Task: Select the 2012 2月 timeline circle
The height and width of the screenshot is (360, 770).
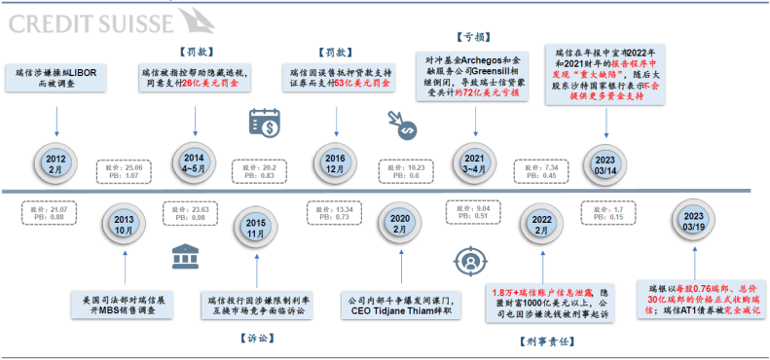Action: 56,162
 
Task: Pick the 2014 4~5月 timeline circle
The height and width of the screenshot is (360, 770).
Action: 195,162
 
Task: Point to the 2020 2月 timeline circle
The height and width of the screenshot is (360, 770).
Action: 397,225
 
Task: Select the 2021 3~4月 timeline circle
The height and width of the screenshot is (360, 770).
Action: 475,162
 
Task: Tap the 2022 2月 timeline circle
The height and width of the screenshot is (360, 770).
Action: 540,227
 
